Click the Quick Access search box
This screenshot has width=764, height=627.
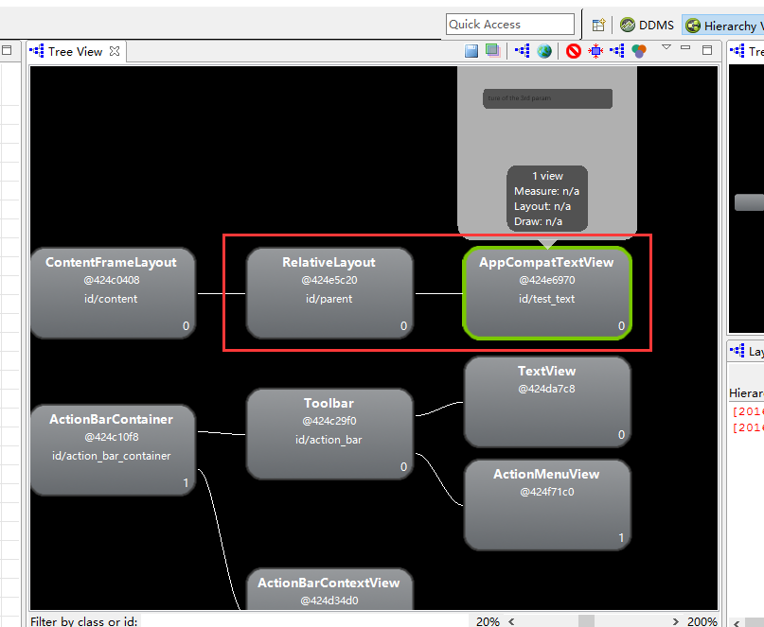pos(510,25)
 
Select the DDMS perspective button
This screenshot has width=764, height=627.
pos(648,26)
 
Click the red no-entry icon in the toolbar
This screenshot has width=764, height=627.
pos(574,51)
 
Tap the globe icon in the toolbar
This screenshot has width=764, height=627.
pos(544,51)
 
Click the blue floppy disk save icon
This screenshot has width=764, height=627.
pos(471,51)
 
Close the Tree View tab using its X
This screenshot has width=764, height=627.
pos(115,51)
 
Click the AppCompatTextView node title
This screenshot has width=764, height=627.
pos(546,263)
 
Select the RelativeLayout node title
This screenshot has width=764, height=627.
pos(329,263)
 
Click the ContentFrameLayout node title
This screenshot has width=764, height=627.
pos(111,263)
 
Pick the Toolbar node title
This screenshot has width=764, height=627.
pos(329,404)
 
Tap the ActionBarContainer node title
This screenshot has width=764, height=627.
pos(111,420)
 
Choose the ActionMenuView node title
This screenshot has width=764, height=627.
pos(546,475)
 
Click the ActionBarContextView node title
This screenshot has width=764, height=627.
pos(329,583)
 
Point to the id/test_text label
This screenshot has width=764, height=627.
pos(546,300)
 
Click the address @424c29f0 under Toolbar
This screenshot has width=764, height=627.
pos(329,421)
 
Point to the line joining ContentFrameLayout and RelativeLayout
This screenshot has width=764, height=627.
pos(221,293)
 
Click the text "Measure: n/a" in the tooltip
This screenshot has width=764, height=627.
pos(547,191)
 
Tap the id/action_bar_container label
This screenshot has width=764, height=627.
pos(111,456)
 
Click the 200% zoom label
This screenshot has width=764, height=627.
pos(702,621)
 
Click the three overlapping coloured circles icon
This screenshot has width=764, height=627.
pos(640,51)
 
